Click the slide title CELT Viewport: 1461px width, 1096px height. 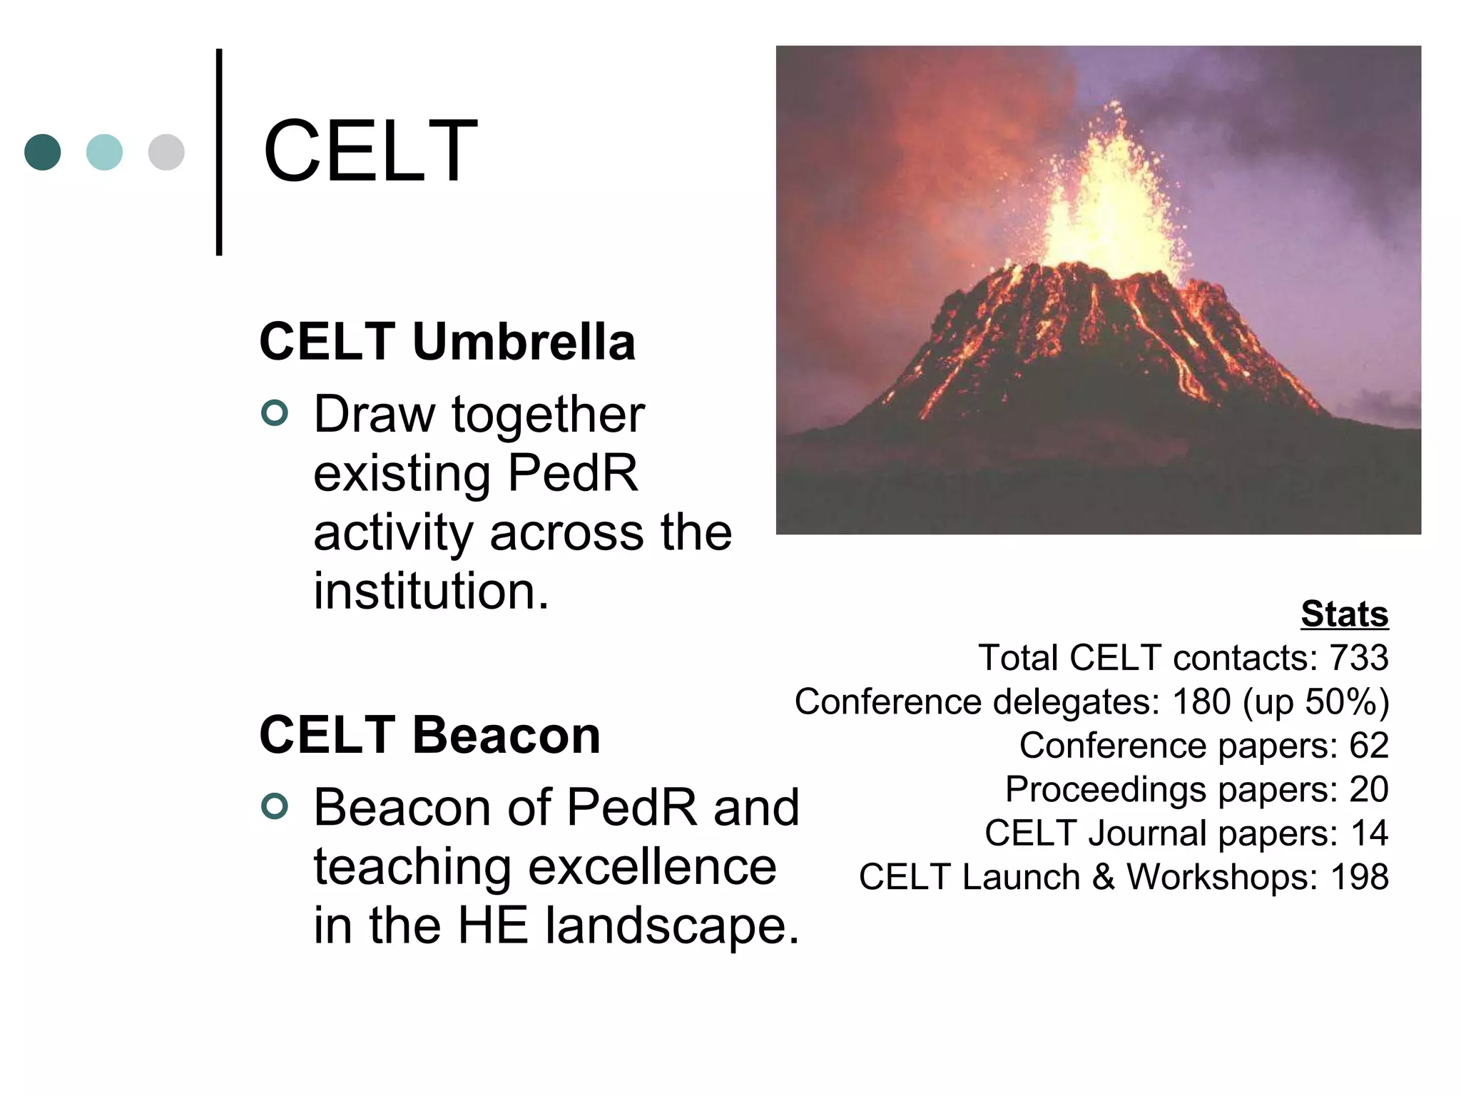(x=370, y=151)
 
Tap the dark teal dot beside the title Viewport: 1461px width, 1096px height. (x=43, y=152)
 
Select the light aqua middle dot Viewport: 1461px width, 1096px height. (x=104, y=152)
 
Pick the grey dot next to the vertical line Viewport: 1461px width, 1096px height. (x=166, y=152)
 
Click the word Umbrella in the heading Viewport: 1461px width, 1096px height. (x=524, y=342)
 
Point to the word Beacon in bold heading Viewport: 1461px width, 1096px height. (x=506, y=735)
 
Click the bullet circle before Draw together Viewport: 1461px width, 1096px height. (x=275, y=413)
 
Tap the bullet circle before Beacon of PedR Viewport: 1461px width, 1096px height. (x=275, y=806)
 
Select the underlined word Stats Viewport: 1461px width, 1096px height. (x=1344, y=614)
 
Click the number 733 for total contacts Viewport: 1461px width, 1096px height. (x=1358, y=658)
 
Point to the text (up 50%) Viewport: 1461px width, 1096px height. (x=1315, y=702)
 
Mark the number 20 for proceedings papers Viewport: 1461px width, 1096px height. (x=1368, y=790)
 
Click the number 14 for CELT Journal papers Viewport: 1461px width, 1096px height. (x=1369, y=833)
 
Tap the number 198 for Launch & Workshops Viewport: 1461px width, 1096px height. (x=1359, y=877)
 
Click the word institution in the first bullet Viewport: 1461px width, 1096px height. (x=431, y=592)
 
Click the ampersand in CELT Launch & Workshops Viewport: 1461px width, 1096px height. (x=1103, y=877)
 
